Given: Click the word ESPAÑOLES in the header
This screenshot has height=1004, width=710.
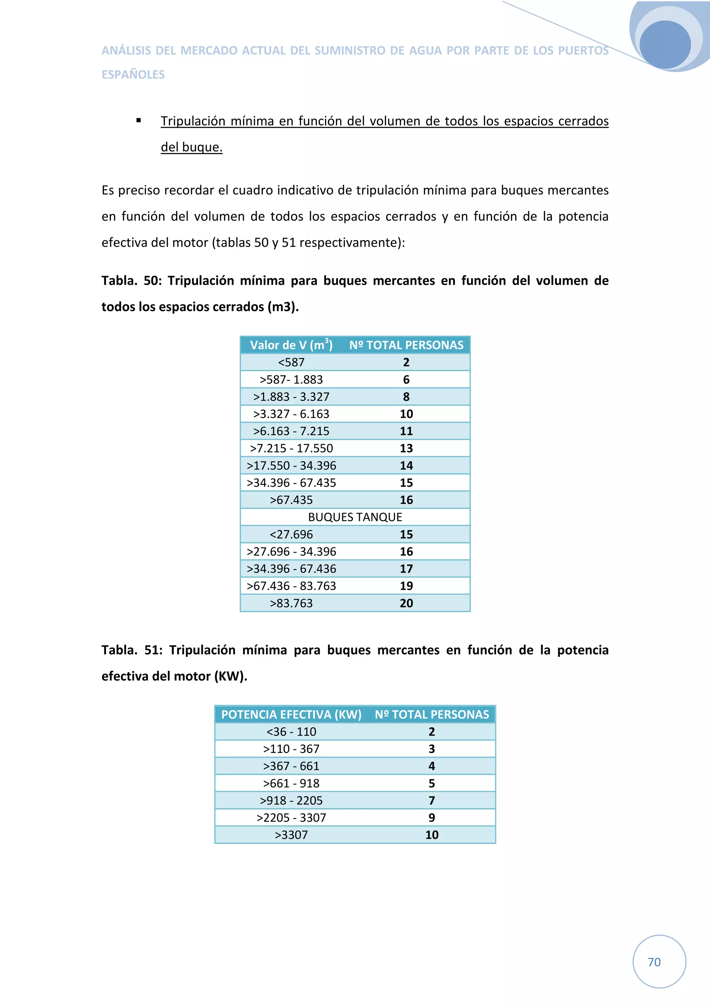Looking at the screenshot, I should click(133, 75).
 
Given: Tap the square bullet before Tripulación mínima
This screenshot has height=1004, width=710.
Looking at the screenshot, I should click(139, 121).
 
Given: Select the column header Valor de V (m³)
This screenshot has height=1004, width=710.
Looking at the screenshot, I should click(291, 345).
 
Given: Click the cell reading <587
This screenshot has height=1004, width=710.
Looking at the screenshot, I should click(291, 362).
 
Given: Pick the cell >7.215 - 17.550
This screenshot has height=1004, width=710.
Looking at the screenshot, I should click(291, 448).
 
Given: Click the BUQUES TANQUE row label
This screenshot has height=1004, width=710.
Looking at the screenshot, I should click(355, 517).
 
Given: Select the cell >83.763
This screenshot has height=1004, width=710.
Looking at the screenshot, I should click(291, 603).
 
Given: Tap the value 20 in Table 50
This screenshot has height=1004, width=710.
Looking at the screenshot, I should click(406, 603).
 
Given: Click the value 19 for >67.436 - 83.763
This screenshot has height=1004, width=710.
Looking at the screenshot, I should click(406, 586).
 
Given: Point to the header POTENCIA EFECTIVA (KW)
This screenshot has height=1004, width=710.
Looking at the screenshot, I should click(291, 714).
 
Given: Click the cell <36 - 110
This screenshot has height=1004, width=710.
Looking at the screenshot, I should click(291, 732).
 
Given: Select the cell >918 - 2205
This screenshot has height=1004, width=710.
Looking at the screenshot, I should click(291, 800).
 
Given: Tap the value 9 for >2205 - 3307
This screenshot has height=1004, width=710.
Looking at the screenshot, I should click(431, 818).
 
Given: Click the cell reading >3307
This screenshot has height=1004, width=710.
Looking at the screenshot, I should click(291, 835).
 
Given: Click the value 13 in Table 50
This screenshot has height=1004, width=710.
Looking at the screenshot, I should click(406, 448).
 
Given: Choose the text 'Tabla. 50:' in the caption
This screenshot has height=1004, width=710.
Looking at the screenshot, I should click(132, 280).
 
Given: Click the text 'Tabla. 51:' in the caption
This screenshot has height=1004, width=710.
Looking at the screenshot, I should click(132, 650).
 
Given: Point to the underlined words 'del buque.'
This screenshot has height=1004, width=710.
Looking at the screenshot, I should click(192, 147).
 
